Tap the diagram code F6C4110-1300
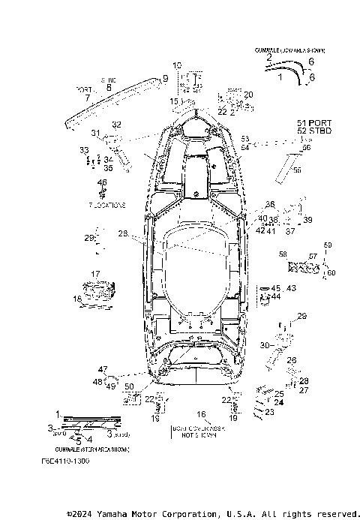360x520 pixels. coord(65,461)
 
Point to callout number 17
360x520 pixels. coord(95,274)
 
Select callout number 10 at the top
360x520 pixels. coord(177,65)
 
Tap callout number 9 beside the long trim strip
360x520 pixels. coord(164,78)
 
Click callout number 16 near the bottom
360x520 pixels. coord(200,413)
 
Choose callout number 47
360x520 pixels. coord(102,369)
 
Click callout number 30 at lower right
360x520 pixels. coord(263,344)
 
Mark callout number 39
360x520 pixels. coord(307,220)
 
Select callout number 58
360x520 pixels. coord(282,255)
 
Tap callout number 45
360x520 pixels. coord(274,288)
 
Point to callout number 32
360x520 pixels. coord(116,125)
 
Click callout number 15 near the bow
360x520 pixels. coord(173,101)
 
